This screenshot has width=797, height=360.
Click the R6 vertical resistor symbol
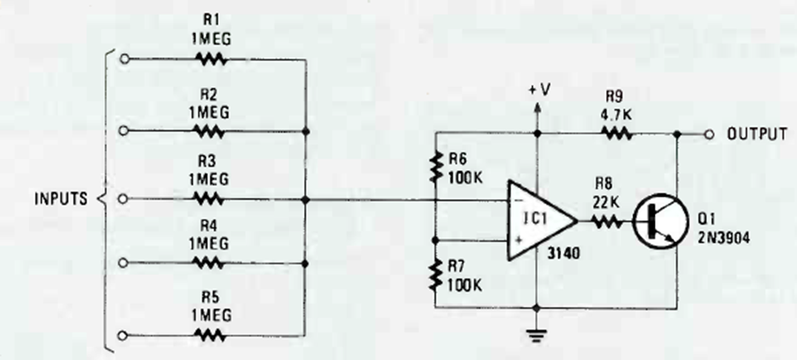(436, 165)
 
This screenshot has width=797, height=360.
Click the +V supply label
(541, 92)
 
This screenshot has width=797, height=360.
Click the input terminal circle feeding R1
(125, 59)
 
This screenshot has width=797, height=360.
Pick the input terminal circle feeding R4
(125, 264)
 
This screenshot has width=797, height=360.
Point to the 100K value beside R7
(466, 285)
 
